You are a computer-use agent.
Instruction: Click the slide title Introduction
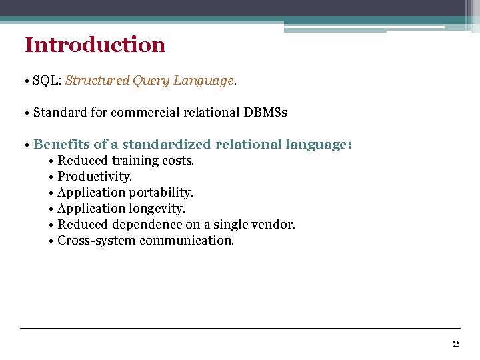[x=95, y=45]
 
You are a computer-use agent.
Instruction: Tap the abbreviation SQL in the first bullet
[x=45, y=81]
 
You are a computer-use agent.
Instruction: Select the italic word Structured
[x=97, y=81]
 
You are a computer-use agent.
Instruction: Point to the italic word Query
[x=151, y=81]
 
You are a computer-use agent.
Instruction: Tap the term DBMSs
[x=265, y=113]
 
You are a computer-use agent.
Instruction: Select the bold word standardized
[x=167, y=145]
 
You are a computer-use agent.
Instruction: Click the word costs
[x=178, y=161]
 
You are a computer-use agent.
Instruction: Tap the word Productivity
[x=95, y=177]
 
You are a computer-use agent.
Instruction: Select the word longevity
[x=157, y=209]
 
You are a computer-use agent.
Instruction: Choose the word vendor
[x=274, y=225]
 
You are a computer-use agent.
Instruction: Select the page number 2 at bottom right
[x=455, y=344]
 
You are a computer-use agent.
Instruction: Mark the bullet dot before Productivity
[x=51, y=177]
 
